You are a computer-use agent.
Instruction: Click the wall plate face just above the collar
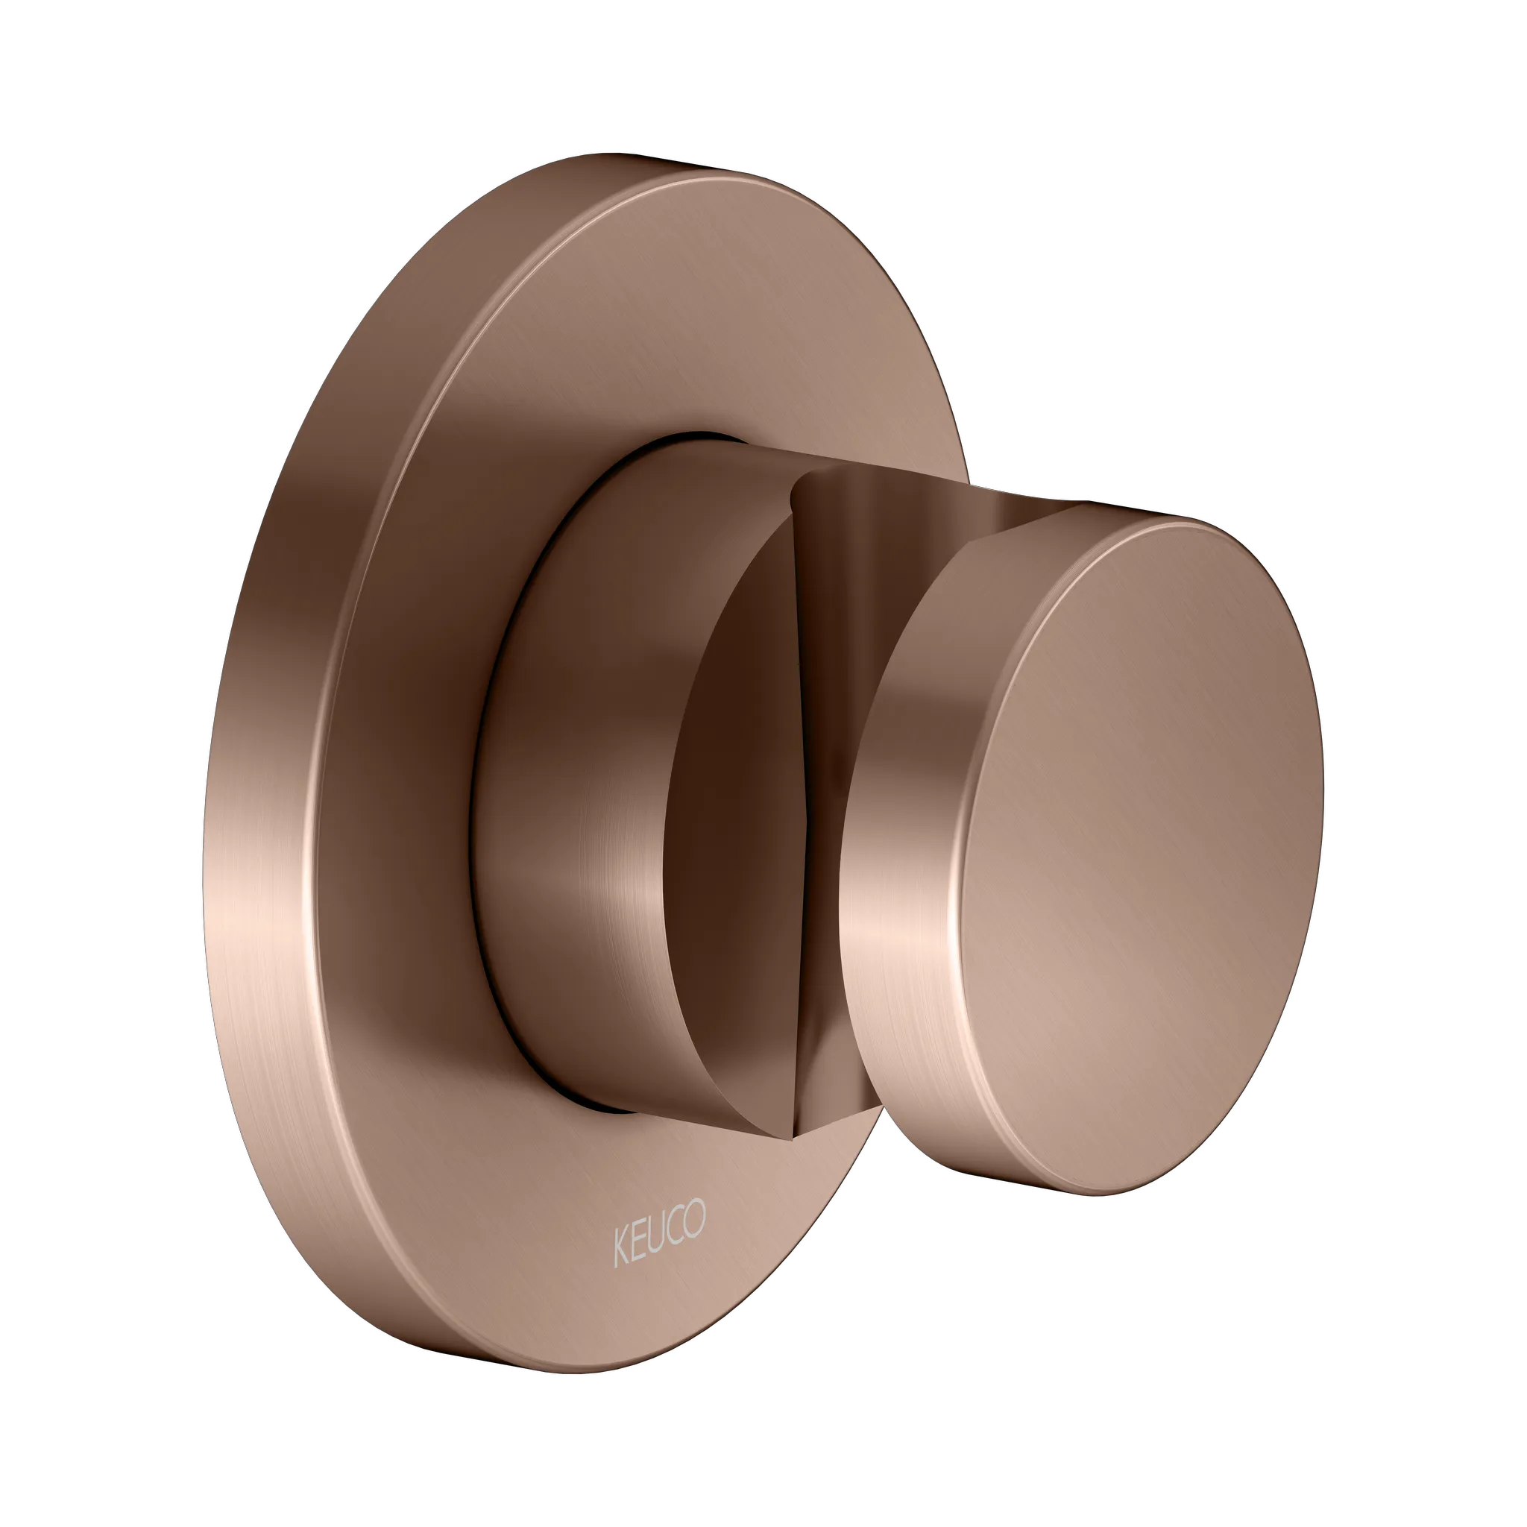point(672,356)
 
